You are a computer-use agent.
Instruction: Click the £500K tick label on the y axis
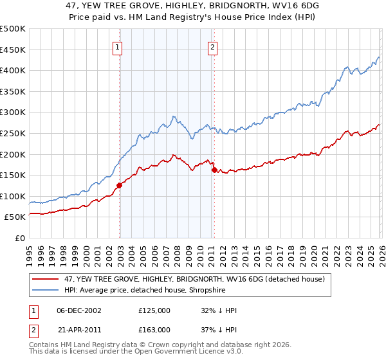[13, 29]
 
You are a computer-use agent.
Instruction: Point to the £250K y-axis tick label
[13, 133]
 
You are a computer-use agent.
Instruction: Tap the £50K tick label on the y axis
[15, 217]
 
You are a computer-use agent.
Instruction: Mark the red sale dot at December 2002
[119, 186]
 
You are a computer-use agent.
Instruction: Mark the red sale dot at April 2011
[214, 170]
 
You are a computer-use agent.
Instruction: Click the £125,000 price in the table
[154, 310]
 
